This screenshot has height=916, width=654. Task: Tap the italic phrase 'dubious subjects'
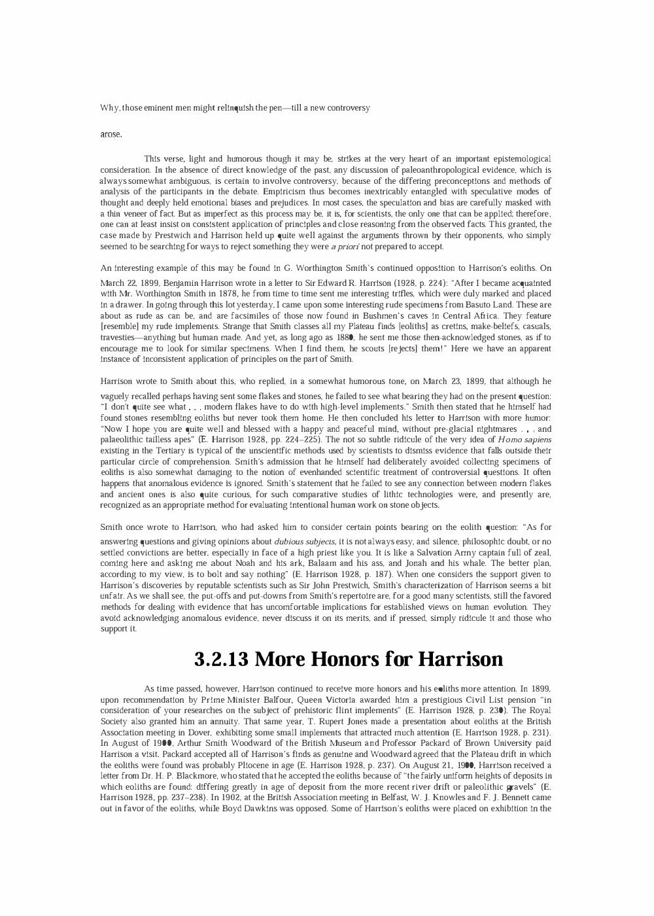pyautogui.click(x=305, y=542)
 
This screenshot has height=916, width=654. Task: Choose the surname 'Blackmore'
pyautogui.click(x=188, y=776)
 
